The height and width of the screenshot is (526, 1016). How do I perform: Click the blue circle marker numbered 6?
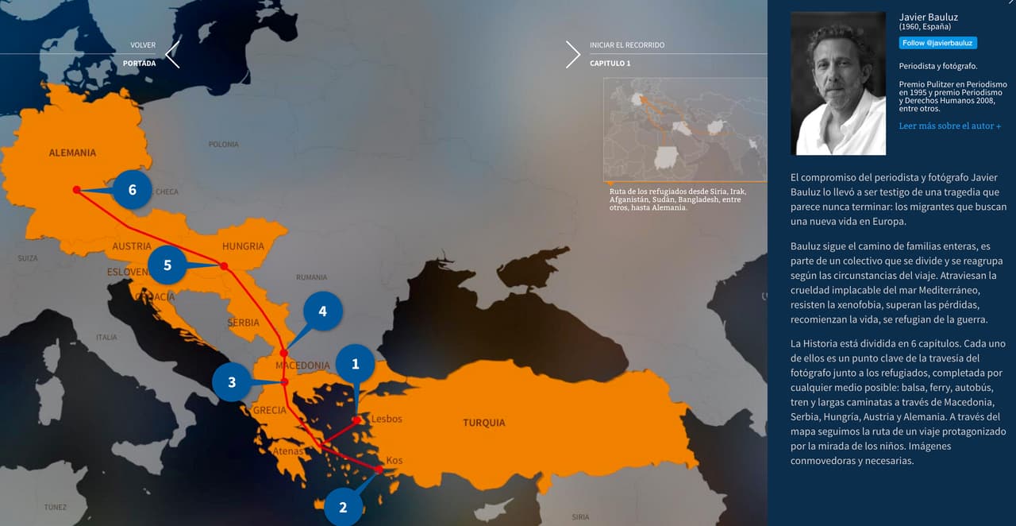pos(133,190)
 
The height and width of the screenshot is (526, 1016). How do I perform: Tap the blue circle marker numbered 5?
pos(167,265)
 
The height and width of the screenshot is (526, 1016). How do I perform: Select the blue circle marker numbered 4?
pos(322,311)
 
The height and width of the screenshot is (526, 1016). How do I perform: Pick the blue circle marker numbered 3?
pos(232,382)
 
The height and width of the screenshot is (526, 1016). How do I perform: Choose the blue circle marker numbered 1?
pos(355,364)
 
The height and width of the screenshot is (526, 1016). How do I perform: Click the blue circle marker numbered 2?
pos(343,507)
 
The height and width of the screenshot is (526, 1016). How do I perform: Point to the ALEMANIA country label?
pos(72,153)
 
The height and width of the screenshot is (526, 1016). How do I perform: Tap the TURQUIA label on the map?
pos(483,423)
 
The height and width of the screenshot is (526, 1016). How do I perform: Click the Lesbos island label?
pos(387,419)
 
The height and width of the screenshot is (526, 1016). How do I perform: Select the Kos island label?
pos(394,461)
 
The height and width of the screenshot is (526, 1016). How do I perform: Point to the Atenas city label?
pos(287,451)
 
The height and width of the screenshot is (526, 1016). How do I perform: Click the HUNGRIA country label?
pos(243,246)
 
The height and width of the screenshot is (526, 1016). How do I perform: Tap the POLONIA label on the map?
pos(223,145)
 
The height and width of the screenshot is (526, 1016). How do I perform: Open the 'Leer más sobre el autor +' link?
pos(949,126)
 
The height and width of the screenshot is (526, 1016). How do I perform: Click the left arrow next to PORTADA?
pos(172,54)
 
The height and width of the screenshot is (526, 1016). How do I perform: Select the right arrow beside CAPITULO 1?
pos(573,54)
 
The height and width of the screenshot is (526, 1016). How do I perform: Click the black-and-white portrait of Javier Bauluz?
pos(838,83)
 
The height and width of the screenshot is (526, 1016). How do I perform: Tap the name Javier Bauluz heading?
pos(928,17)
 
